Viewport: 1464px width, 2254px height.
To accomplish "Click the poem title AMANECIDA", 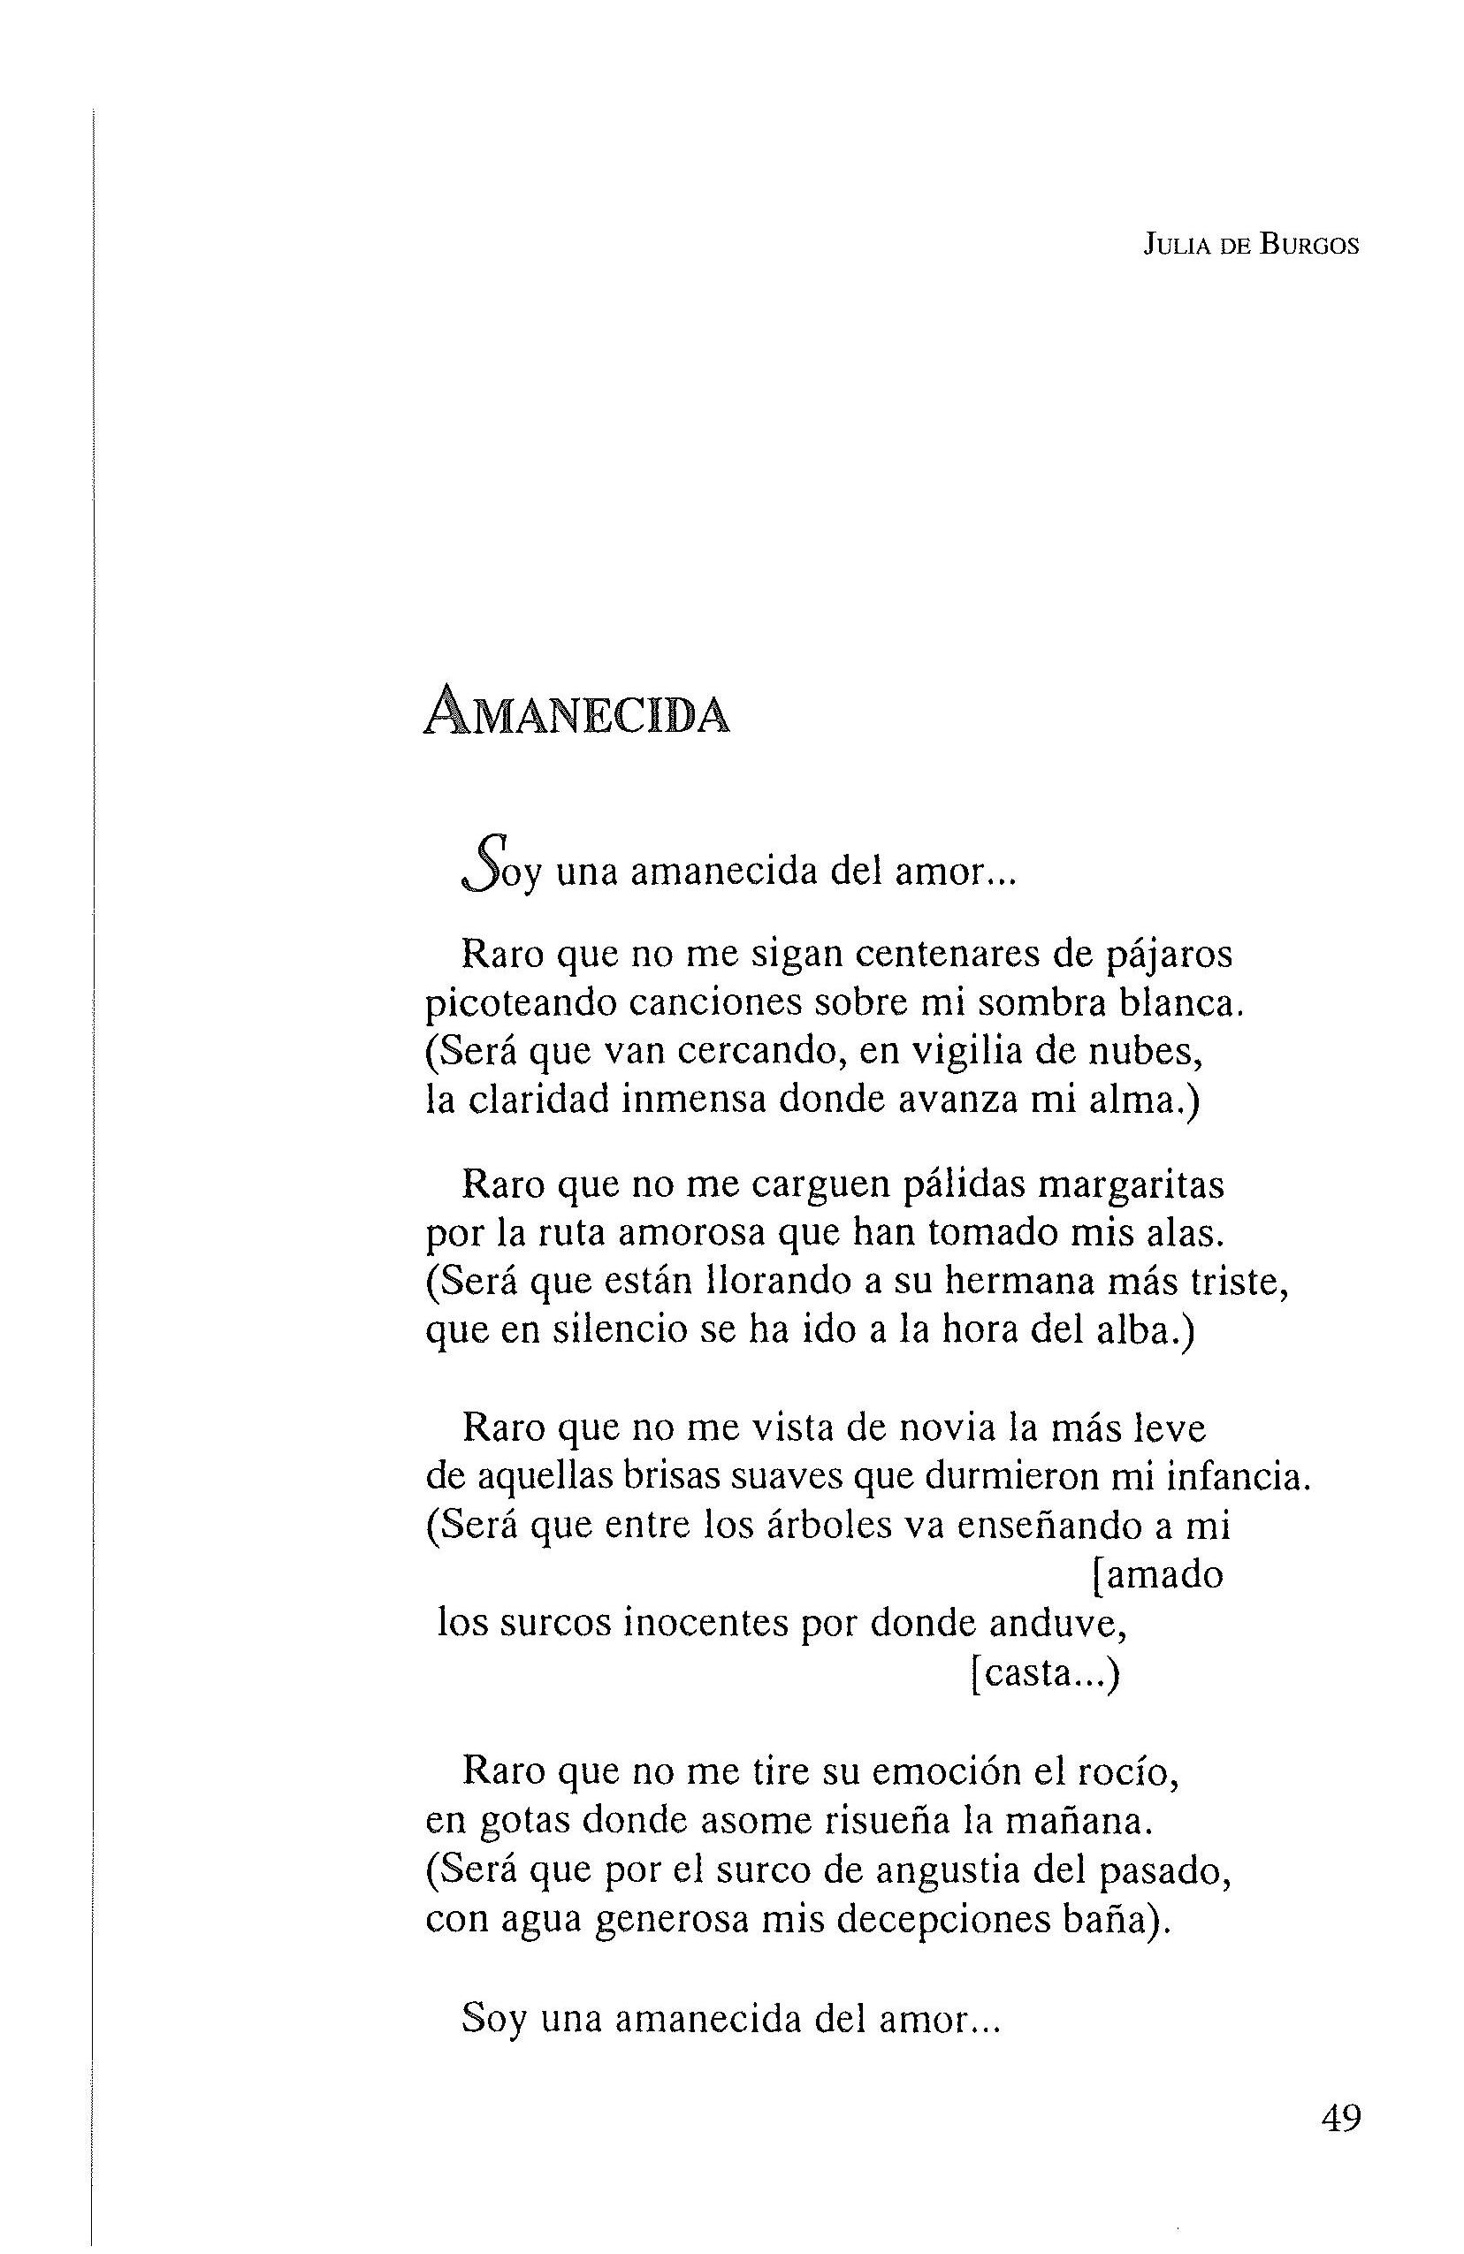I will [x=576, y=713].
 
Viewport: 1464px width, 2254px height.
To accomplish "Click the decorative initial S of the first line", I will [x=481, y=864].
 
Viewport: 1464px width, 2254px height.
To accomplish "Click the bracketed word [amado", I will [x=1157, y=1575].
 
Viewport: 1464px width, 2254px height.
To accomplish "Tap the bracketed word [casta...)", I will [x=1046, y=1673].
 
